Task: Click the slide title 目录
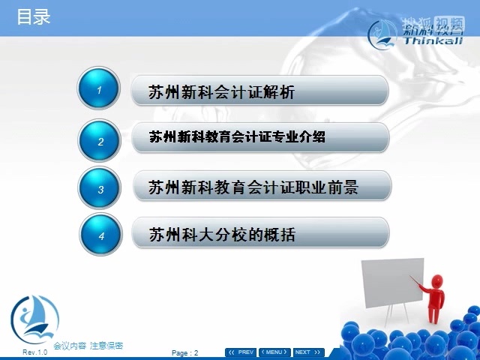(x=34, y=16)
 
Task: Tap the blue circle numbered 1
(x=99, y=90)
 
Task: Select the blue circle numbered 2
(x=100, y=140)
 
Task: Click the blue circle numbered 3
(x=100, y=188)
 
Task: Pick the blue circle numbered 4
(x=100, y=235)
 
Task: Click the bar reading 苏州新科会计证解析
(x=259, y=91)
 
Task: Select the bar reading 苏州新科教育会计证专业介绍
(x=259, y=138)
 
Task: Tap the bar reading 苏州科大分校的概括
(x=259, y=234)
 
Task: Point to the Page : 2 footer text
(x=185, y=352)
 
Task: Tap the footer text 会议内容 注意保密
(x=88, y=346)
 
